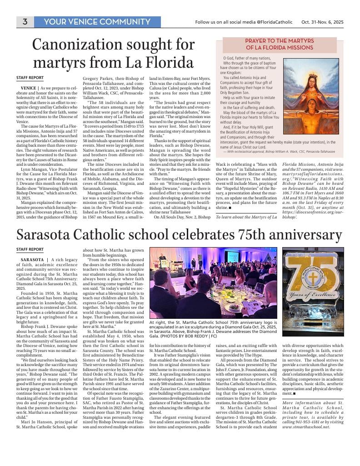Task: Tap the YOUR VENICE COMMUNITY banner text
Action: (97, 22)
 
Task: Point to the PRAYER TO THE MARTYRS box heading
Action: (280, 44)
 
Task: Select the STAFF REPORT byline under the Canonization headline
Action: (30, 78)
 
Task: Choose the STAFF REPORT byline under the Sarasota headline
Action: (30, 249)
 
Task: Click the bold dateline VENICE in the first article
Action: (29, 87)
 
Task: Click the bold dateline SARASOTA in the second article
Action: (32, 259)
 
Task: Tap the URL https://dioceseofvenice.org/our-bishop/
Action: (306, 214)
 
